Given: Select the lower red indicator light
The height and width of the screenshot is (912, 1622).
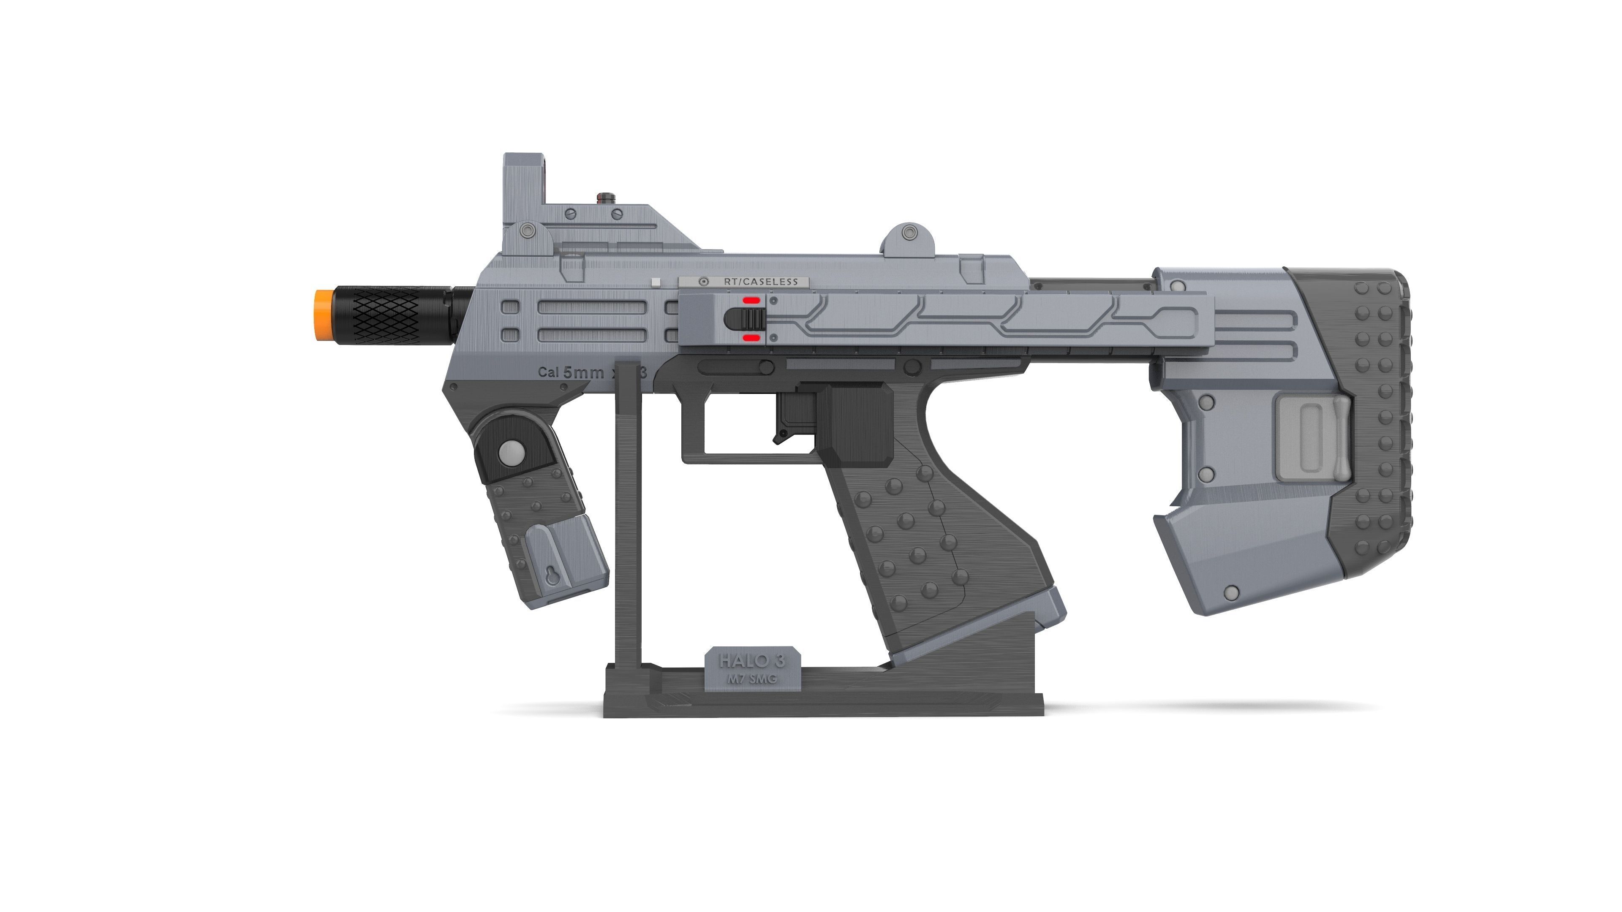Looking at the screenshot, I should coord(751,338).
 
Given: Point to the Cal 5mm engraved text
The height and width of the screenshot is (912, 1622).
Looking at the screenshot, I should coord(570,372).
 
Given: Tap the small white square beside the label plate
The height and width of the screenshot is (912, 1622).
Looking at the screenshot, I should coord(656,282).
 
